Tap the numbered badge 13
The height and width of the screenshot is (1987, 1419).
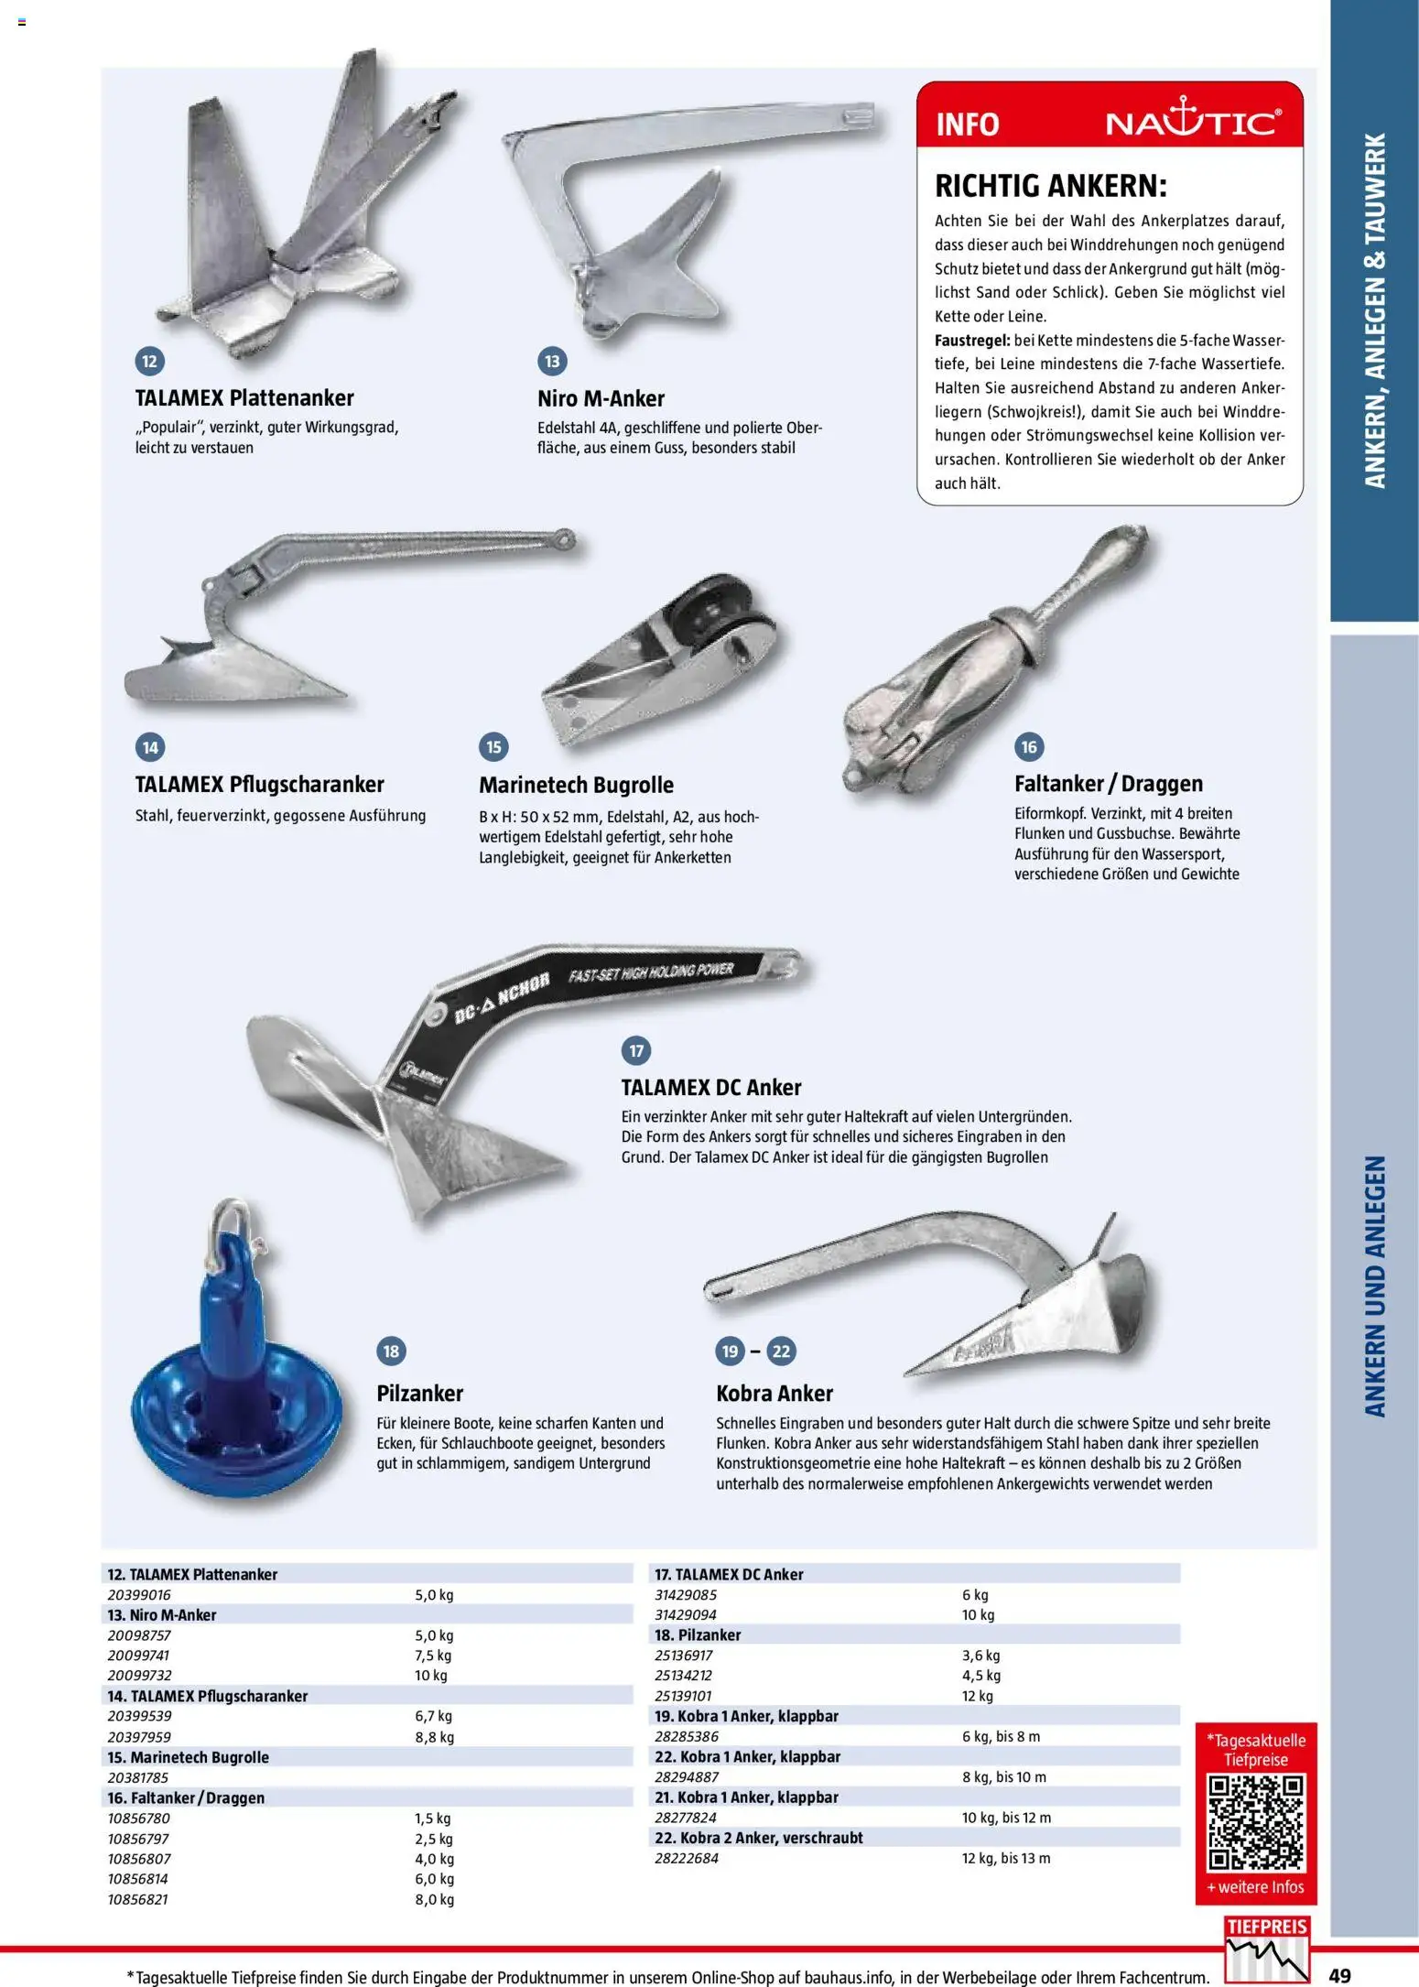[552, 361]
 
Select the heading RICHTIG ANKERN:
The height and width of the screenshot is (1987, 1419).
[1051, 186]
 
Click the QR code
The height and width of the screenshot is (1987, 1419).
[1255, 1823]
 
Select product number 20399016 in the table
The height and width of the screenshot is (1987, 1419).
[139, 1594]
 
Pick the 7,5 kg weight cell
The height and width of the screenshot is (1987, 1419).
[433, 1655]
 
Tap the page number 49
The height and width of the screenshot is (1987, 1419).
[1339, 1975]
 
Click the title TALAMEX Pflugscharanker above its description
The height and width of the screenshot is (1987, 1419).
[259, 784]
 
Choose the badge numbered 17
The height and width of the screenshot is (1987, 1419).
[636, 1050]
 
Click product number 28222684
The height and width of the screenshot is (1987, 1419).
[687, 1858]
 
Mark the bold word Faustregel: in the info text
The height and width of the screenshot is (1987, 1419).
[971, 341]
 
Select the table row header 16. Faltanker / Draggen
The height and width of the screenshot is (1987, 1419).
[186, 1797]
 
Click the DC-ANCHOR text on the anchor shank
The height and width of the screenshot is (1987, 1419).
[502, 999]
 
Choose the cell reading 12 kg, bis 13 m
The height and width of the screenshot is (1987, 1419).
[1006, 1858]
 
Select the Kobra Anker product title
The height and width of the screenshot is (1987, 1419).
[774, 1393]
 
